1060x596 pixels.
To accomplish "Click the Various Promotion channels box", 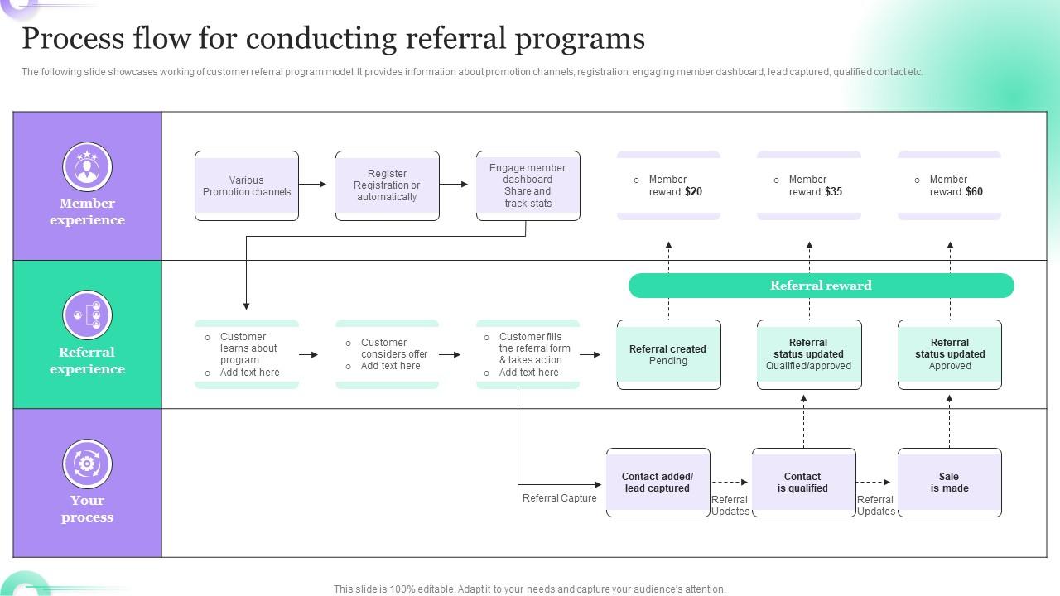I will coord(247,186).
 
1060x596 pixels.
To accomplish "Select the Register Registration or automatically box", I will coord(387,186).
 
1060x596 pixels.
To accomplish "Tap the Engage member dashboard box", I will coord(528,186).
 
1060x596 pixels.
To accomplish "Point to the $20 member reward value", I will coord(694,192).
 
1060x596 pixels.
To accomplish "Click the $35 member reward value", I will coord(834,192).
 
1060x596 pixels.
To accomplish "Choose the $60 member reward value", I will coord(974,192).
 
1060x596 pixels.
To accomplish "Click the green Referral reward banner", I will coord(821,286).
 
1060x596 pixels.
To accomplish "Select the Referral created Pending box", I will coord(668,355).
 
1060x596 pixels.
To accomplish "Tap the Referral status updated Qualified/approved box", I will coord(809,355).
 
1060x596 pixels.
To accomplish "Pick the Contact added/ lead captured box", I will coord(658,483).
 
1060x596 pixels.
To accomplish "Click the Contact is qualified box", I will coord(803,483).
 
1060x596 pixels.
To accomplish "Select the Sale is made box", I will coord(949,483).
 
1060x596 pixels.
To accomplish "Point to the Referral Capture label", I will coord(560,498).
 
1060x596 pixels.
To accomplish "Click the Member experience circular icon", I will coord(87,166).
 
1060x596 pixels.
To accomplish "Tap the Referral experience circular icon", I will coord(87,315).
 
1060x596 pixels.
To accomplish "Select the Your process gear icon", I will coord(87,464).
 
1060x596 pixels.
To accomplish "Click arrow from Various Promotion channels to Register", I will coord(313,185).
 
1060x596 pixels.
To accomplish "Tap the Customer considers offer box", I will coord(387,355).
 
